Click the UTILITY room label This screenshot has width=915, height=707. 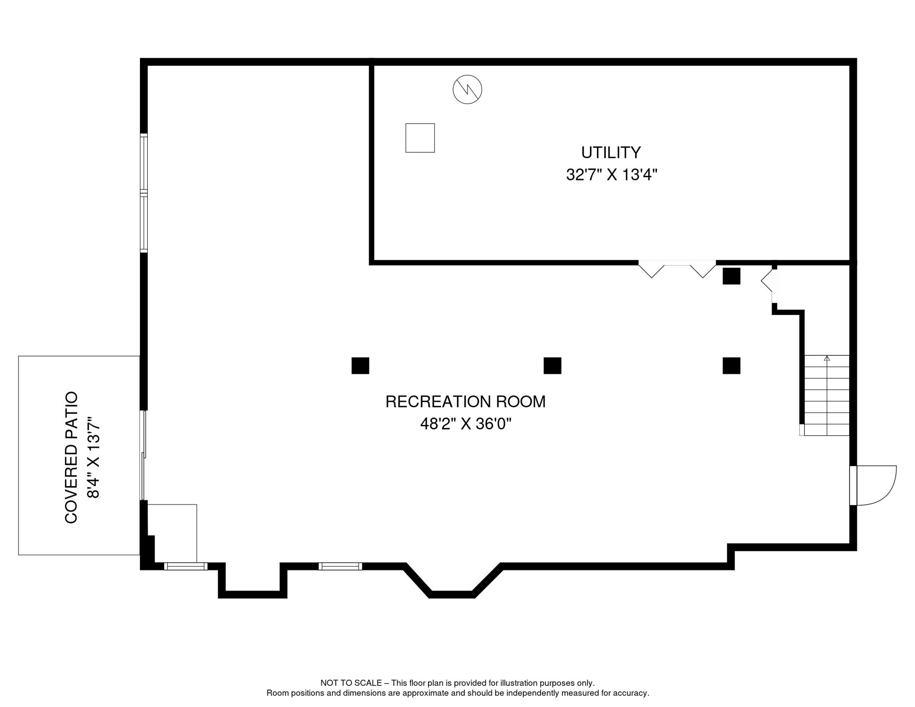pos(611,152)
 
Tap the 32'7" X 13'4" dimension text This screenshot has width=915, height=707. pos(611,175)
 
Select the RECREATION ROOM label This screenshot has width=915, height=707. pos(465,402)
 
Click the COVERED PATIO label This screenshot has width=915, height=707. pos(71,457)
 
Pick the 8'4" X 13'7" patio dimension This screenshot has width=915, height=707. pos(94,457)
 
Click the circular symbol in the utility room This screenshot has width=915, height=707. pos(467,89)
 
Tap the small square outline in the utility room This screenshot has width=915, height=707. pos(420,138)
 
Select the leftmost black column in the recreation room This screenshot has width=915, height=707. pos(360,366)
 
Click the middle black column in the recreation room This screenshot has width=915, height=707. pos(552,366)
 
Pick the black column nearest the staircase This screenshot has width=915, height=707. pos(731,366)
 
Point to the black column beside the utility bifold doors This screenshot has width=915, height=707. pos(731,276)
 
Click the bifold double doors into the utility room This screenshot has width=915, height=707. pos(677,269)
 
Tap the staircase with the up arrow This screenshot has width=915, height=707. pos(827,396)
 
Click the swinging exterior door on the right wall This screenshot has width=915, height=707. pos(872,486)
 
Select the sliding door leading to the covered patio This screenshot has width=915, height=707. pos(144,455)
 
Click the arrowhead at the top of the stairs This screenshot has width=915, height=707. pos(827,358)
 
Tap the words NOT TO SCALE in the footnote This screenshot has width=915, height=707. pos(351,683)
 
